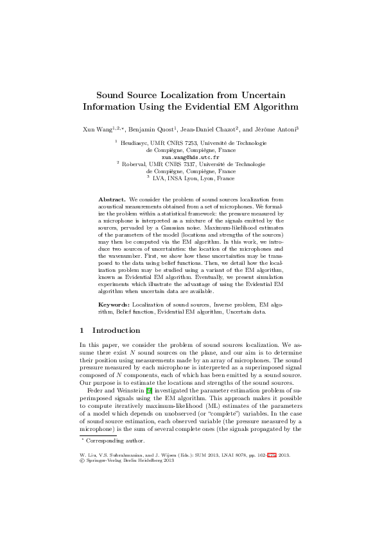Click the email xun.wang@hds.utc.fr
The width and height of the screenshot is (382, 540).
[x=191, y=157]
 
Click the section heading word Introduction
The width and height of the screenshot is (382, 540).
[x=116, y=331]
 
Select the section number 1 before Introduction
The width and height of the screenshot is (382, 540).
[x=82, y=331]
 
